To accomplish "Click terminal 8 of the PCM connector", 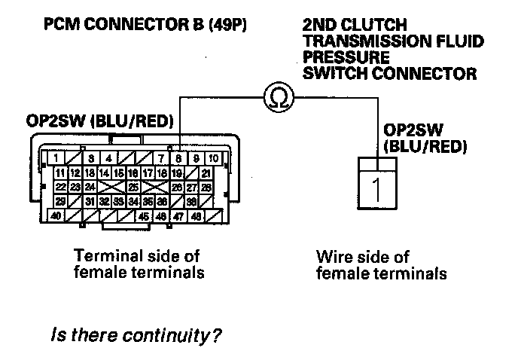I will pyautogui.click(x=178, y=158).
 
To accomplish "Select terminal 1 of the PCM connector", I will pyautogui.click(x=56, y=158).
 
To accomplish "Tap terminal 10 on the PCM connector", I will pyautogui.click(x=213, y=158).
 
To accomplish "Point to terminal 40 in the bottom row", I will pyautogui.click(x=56, y=216).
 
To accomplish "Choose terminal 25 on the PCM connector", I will pyautogui.click(x=133, y=187).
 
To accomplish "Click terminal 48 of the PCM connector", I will pyautogui.click(x=195, y=216).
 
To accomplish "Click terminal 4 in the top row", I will pyautogui.click(x=108, y=158).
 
